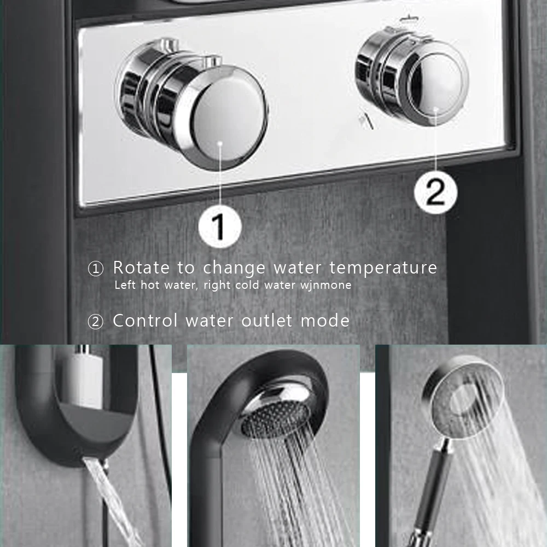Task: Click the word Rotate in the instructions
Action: pos(141,268)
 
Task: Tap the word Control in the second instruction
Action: pos(146,321)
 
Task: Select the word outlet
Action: pos(267,321)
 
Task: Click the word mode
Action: pos(325,321)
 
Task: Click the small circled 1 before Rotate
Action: pos(96,269)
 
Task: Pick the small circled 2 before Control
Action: pos(96,322)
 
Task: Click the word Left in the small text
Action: pos(125,284)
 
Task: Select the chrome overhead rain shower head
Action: pos(276,410)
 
